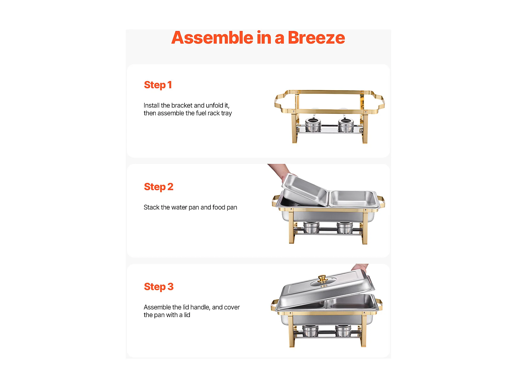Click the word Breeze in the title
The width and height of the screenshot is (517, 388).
pos(316,38)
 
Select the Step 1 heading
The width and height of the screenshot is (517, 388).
pos(158,85)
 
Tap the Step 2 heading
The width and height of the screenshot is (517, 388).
pos(159,187)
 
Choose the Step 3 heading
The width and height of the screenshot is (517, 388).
pos(159,287)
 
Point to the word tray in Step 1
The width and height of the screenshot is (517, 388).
pos(226,114)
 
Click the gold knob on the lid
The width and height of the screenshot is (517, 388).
pos(322,279)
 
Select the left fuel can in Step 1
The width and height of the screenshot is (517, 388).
pos(313,125)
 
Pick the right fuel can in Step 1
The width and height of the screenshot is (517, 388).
pos(346,125)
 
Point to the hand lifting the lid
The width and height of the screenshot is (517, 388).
pos(360,267)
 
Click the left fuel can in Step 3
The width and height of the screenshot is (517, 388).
pos(310,331)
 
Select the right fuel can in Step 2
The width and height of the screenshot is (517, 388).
pos(345,228)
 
